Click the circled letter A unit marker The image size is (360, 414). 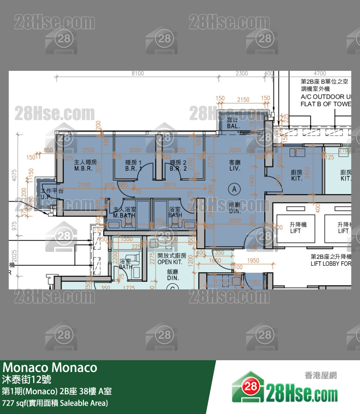[x=235, y=189]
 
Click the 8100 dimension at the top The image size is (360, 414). [x=137, y=73]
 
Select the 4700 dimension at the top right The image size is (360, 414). [x=319, y=73]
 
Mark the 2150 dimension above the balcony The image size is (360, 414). [x=243, y=100]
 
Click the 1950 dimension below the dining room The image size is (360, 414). [x=253, y=261]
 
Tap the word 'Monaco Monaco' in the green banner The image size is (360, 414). [x=50, y=367]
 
